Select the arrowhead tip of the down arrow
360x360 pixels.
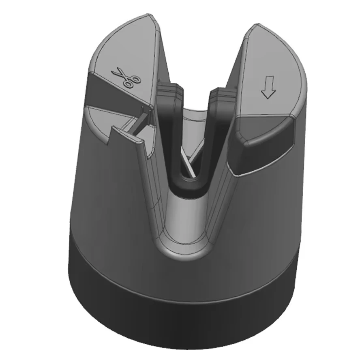(x=268, y=97)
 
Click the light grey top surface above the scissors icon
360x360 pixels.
(x=126, y=45)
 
